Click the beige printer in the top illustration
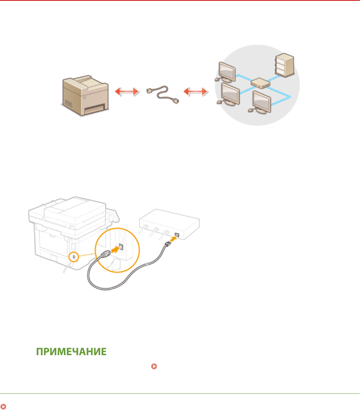[x=84, y=94]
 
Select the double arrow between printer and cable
[x=126, y=92]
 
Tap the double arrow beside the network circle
[x=195, y=92]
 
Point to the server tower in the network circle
[x=284, y=66]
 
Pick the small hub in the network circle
[x=259, y=84]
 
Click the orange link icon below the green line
[x=4, y=406]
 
